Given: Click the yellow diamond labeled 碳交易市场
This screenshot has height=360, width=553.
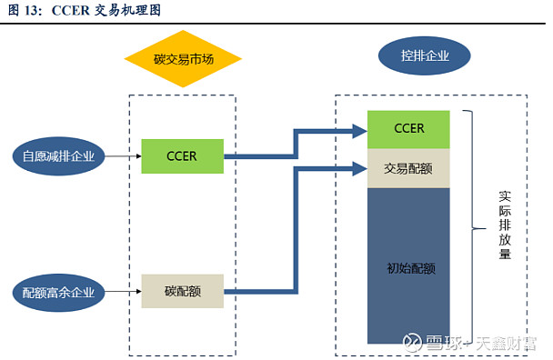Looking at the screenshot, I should (x=183, y=61).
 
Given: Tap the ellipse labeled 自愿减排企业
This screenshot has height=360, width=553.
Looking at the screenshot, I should (x=58, y=155).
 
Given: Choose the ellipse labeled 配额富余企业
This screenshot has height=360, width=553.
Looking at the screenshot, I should (x=58, y=292).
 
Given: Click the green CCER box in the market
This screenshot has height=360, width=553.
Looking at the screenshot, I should (x=182, y=155).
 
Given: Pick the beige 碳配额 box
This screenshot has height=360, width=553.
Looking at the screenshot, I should (x=182, y=292).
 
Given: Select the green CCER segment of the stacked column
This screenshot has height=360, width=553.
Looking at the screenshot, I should (x=408, y=128).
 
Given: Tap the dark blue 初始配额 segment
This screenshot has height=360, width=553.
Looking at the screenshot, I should (x=408, y=267).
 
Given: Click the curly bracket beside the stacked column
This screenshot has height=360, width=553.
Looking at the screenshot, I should (x=472, y=227).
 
